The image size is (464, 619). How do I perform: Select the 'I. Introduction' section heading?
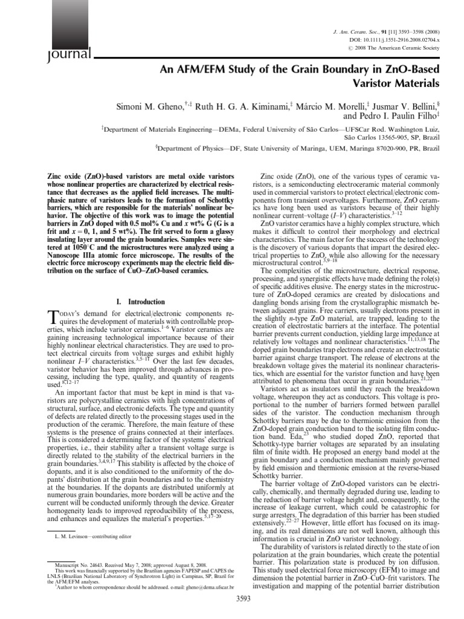[x=139, y=302]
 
